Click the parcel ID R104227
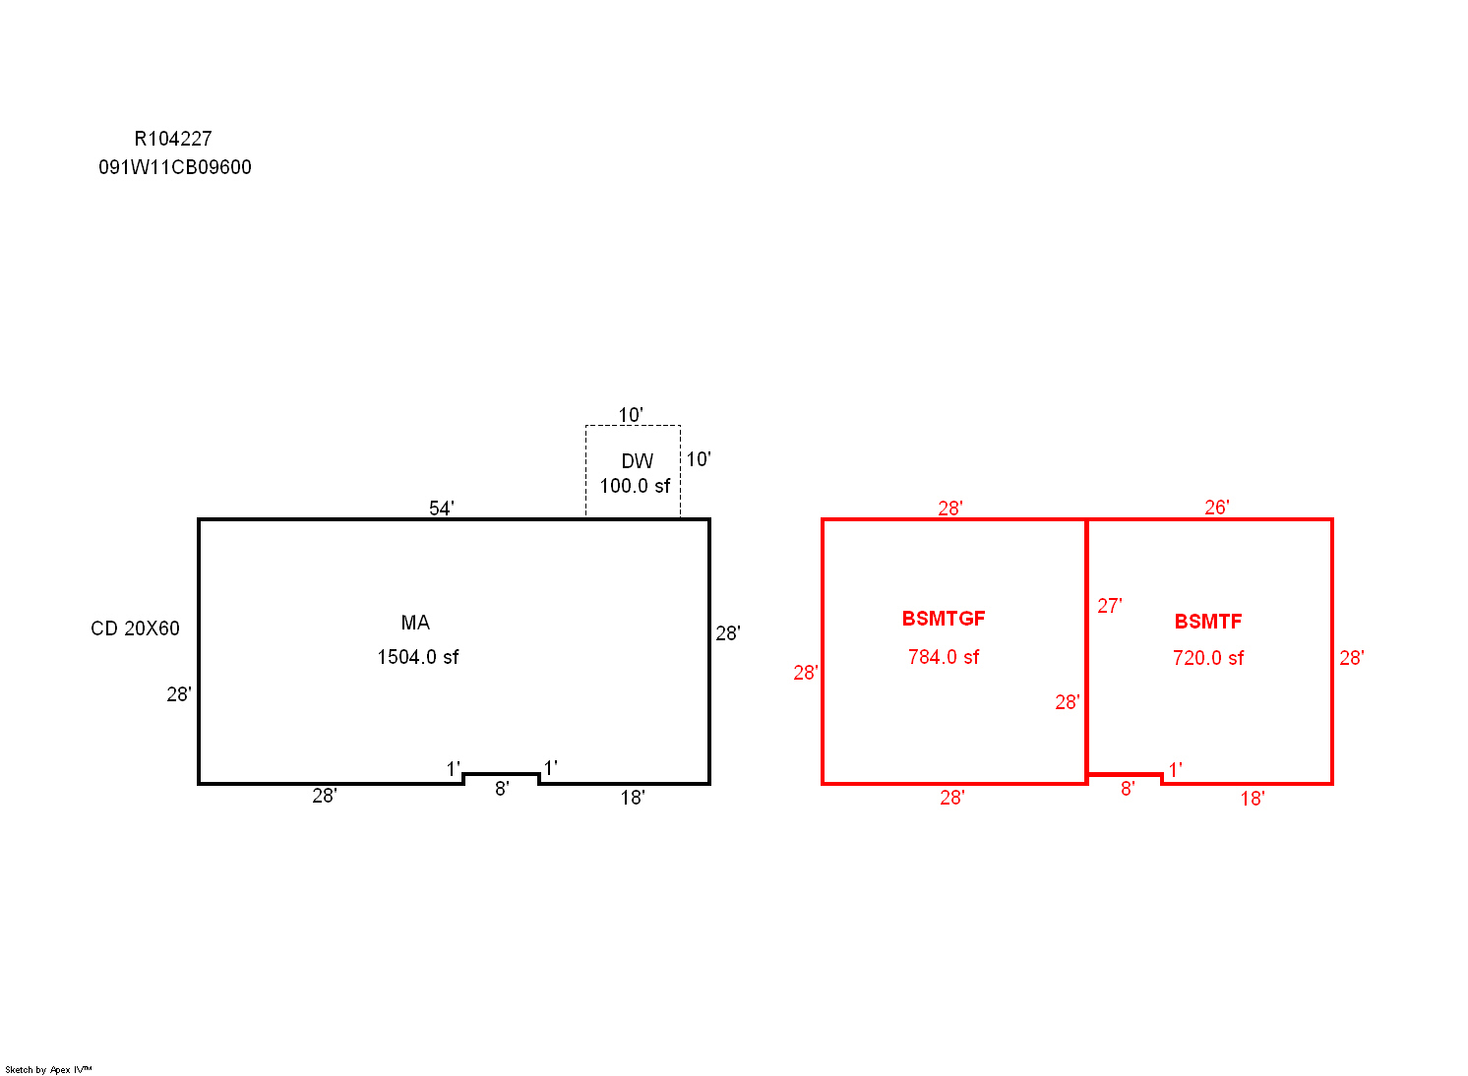coord(173,139)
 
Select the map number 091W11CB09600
coord(175,168)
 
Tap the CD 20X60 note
coord(135,628)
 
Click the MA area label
coord(415,623)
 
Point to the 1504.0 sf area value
coord(418,657)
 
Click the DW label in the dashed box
coord(637,461)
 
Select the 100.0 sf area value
coord(635,486)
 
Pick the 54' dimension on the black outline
coord(442,508)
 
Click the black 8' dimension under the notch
coord(502,789)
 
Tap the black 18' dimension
coord(633,798)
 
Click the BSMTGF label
coord(944,619)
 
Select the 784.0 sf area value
coord(944,657)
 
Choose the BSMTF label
coord(1208,622)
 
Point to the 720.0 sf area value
coord(1208,658)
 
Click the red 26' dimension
coord(1217,508)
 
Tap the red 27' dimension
coord(1110,606)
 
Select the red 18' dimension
coord(1254,799)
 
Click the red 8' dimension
coord(1128,789)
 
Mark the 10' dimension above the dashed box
coord(631,415)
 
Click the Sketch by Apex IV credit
coord(48,1069)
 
